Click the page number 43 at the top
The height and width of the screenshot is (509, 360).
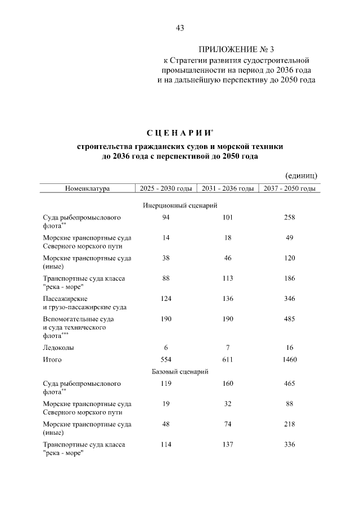point(180,28)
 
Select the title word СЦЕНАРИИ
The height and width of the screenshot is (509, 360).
point(179,133)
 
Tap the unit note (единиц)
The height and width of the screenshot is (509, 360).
point(302,176)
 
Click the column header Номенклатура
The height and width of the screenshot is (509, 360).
point(87,188)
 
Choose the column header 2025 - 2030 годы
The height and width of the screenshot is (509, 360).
point(166,188)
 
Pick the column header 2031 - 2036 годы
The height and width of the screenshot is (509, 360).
point(227,188)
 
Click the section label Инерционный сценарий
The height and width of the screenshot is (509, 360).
point(180,206)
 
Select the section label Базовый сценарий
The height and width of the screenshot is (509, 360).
point(180,372)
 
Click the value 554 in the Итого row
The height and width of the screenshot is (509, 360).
point(165,359)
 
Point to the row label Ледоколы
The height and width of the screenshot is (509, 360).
point(58,347)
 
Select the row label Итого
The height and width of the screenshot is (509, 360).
point(52,359)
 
